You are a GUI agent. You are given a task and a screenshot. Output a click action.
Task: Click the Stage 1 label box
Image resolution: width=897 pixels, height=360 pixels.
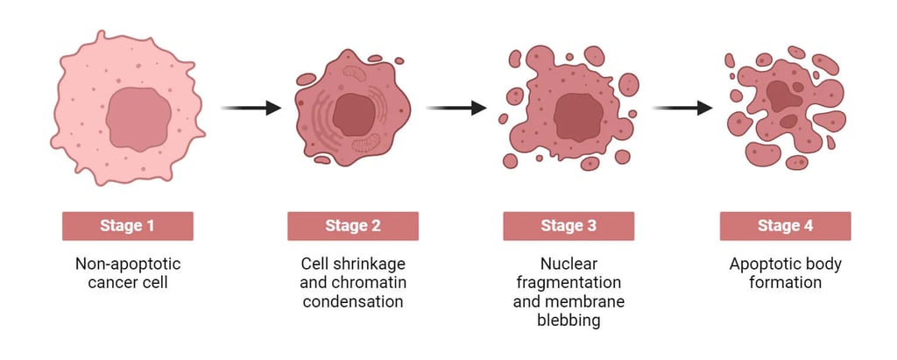click(127, 226)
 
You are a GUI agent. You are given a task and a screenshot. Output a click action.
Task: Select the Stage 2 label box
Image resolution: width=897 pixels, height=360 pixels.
click(352, 226)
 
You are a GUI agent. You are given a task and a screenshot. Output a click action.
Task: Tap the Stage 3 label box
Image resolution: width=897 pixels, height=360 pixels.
click(568, 226)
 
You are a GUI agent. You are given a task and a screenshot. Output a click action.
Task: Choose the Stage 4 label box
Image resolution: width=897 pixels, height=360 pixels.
click(785, 226)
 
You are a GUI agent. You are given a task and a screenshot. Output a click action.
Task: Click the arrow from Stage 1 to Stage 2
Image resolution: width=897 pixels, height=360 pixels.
click(251, 108)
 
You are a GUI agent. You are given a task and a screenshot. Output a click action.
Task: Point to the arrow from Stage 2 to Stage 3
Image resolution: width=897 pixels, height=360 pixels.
click(456, 108)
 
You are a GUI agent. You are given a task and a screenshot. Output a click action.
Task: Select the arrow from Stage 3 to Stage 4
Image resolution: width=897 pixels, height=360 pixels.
click(682, 108)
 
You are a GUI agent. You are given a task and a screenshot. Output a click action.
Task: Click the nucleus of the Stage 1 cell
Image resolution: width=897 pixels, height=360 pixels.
click(138, 118)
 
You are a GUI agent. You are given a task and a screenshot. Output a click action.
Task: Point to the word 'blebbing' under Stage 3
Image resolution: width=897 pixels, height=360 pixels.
click(568, 321)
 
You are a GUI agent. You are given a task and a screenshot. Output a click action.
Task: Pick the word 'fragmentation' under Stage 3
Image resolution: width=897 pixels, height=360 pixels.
click(568, 282)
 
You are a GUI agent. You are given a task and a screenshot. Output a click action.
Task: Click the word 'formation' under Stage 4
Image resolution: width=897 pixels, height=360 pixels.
click(785, 282)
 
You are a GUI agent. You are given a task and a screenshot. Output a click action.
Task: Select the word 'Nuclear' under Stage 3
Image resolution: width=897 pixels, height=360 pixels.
click(568, 263)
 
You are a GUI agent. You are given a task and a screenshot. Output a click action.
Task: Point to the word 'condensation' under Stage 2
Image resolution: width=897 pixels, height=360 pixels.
click(352, 301)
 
